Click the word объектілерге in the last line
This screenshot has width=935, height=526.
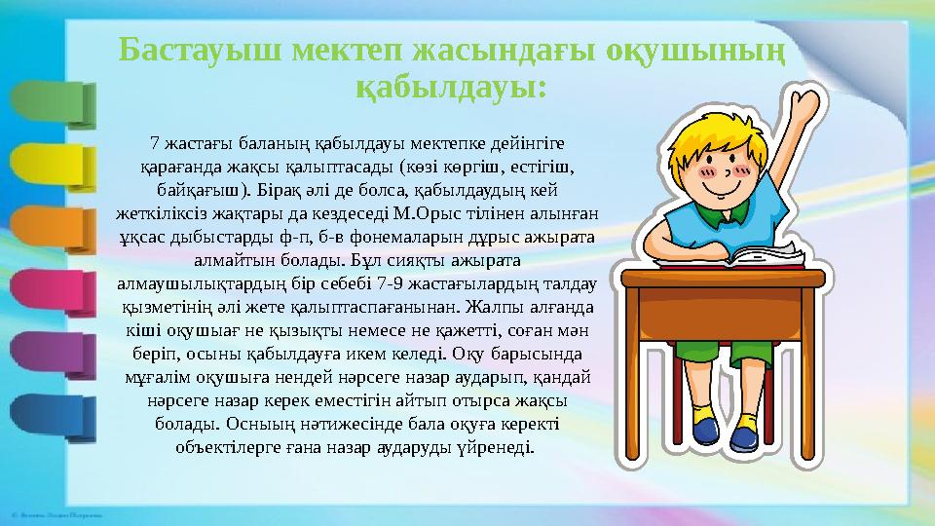[224, 449]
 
